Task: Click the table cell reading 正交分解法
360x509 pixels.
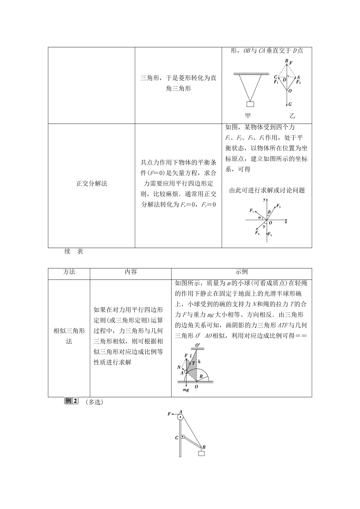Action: [x=91, y=184]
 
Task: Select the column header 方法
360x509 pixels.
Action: [x=69, y=272]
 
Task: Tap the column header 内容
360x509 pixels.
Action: [x=131, y=272]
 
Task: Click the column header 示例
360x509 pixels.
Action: [x=241, y=272]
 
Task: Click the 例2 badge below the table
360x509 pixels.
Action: [x=71, y=401]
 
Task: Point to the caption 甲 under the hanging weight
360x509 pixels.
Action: [x=248, y=116]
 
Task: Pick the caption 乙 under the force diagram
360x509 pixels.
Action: [x=292, y=116]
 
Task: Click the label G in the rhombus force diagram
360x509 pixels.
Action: [x=290, y=104]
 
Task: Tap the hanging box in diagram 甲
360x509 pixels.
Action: [x=250, y=104]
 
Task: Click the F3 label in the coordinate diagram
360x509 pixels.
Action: [x=269, y=235]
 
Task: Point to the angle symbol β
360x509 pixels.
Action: [x=269, y=212]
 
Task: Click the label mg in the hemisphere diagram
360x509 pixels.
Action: [x=186, y=390]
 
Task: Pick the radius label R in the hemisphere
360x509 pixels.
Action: [x=202, y=376]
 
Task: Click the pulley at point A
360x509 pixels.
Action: [x=181, y=417]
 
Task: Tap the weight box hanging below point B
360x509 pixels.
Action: [x=201, y=453]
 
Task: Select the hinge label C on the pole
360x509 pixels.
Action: [x=177, y=438]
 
